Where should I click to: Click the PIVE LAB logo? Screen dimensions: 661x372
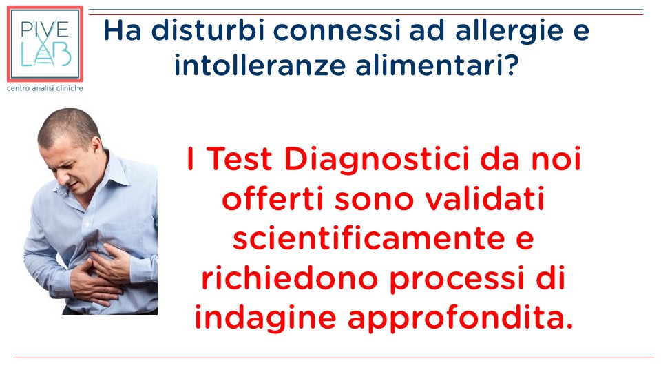(x=45, y=44)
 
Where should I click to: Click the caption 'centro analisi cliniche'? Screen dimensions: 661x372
(x=45, y=89)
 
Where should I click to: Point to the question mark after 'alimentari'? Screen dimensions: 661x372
(x=512, y=65)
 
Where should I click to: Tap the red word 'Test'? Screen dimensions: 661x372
(x=240, y=158)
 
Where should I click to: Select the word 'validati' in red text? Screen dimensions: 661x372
(x=484, y=198)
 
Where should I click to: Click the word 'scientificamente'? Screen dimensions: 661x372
(x=368, y=238)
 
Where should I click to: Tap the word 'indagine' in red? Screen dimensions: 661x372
(x=265, y=319)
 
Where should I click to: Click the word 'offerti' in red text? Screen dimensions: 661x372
(x=273, y=198)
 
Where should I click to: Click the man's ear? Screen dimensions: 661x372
(x=96, y=146)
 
